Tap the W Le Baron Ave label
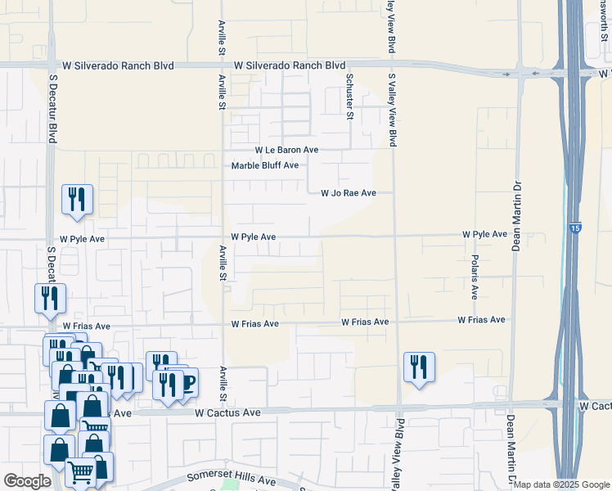(x=286, y=151)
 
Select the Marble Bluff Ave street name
(x=264, y=165)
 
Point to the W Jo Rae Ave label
(x=348, y=193)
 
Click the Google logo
(x=27, y=480)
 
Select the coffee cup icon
(x=187, y=382)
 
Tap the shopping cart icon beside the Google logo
(x=80, y=471)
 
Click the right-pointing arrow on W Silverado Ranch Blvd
(x=506, y=74)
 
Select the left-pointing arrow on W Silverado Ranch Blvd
(x=536, y=74)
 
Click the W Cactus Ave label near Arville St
(x=227, y=413)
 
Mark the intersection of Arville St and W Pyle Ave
(x=223, y=238)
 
